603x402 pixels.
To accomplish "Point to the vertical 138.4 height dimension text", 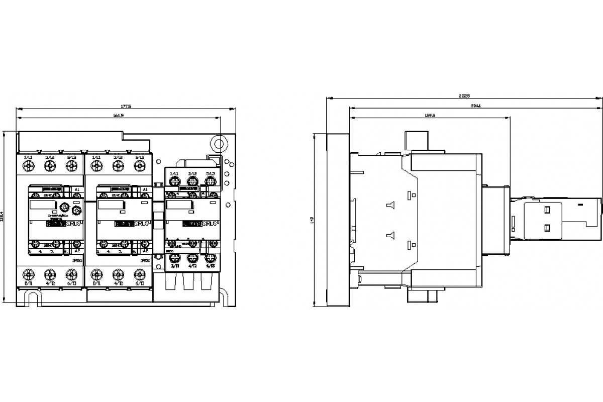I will click(5, 220).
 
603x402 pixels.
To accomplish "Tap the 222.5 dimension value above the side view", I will click(464, 96).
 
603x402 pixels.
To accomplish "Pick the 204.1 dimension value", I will click(476, 106).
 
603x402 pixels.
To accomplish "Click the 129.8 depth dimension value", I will click(430, 116).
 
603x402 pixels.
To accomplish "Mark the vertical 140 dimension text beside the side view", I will click(312, 220).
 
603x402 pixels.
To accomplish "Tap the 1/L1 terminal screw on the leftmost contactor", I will click(28, 165).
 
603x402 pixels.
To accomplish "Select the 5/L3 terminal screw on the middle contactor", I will click(140, 165).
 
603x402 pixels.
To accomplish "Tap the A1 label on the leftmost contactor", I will click(77, 189).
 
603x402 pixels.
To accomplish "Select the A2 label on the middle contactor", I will click(145, 250).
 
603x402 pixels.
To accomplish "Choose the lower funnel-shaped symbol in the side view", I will click(390, 235).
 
